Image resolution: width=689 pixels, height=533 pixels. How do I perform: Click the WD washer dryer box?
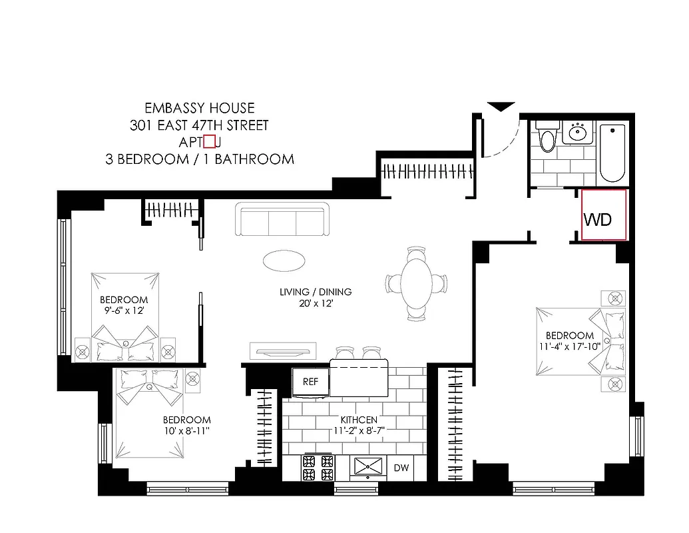click(603, 215)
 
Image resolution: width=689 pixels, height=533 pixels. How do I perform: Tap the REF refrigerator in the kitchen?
click(310, 382)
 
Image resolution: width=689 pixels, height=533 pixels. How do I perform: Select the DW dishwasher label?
click(401, 468)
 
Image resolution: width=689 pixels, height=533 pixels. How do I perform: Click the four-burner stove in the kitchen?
click(318, 467)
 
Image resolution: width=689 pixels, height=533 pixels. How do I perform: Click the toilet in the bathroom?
click(547, 138)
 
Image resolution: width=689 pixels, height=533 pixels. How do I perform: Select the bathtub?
click(612, 153)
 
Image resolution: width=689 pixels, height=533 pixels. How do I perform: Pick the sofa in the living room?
click(282, 219)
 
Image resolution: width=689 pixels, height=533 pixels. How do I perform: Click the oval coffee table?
click(285, 260)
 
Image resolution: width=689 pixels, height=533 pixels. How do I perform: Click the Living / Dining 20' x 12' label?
click(315, 298)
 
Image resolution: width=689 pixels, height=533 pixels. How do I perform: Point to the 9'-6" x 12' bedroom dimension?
click(123, 310)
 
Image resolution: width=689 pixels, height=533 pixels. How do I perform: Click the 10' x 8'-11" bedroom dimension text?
click(187, 430)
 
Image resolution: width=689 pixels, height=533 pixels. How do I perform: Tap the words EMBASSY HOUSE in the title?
click(199, 108)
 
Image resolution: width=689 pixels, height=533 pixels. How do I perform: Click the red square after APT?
click(209, 141)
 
